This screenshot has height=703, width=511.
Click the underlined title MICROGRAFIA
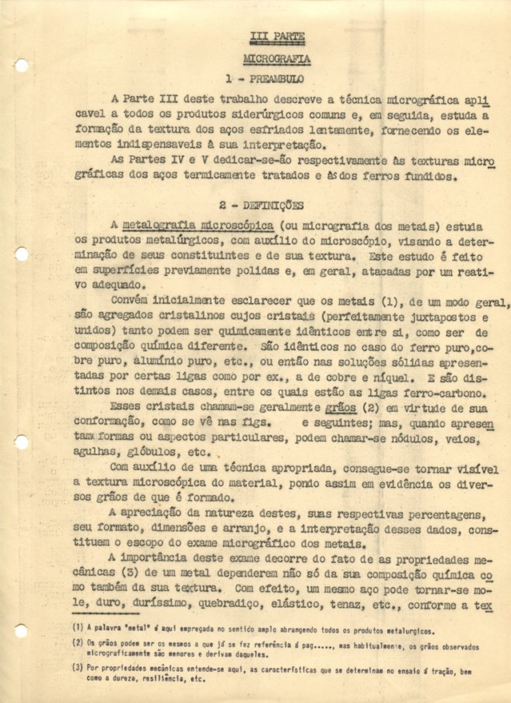click(276, 59)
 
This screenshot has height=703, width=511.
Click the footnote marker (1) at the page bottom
click(78, 627)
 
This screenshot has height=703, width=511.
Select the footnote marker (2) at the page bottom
click(78, 643)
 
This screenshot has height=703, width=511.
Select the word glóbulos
click(149, 452)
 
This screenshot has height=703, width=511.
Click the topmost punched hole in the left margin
click(21, 66)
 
